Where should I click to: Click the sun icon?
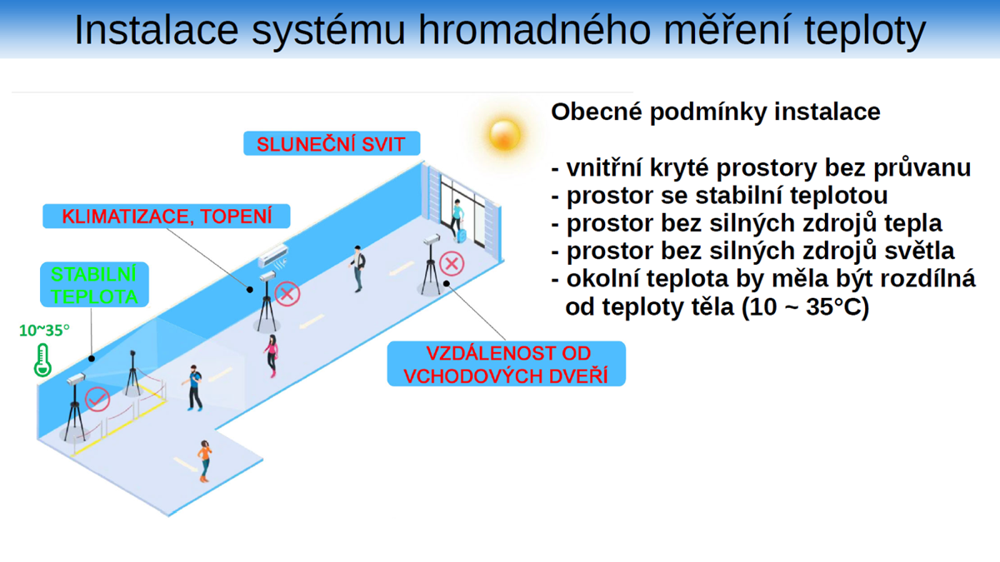[505, 133]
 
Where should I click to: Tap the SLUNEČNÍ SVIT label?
[331, 143]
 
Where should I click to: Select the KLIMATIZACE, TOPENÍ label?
[167, 216]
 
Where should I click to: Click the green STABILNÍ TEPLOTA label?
[94, 285]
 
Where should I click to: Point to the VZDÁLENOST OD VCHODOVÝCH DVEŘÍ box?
[505, 364]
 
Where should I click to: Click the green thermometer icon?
[42, 360]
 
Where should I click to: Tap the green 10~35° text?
[44, 331]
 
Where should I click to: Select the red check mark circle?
[97, 399]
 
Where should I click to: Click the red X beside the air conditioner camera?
[287, 293]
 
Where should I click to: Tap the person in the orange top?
[204, 460]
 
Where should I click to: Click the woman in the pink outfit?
[272, 356]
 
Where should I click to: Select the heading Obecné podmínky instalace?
[715, 112]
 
